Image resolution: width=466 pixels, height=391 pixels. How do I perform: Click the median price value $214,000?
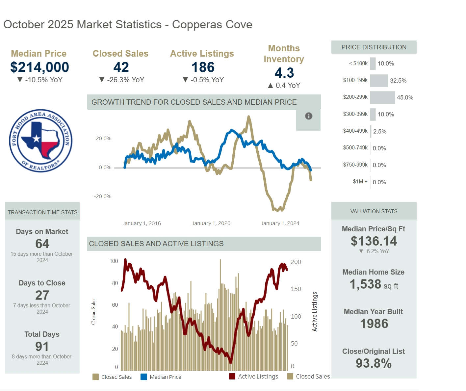(39, 67)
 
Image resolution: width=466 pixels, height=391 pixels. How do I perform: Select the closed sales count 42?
(121, 67)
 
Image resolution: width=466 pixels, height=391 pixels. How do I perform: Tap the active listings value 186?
(203, 67)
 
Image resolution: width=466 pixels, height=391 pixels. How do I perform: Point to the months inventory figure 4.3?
(284, 73)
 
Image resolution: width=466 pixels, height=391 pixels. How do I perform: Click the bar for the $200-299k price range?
(382, 97)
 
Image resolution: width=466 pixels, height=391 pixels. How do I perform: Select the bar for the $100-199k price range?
(379, 81)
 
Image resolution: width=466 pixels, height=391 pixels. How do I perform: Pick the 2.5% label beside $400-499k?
(380, 131)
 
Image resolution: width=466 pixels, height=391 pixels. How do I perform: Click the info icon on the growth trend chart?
(309, 116)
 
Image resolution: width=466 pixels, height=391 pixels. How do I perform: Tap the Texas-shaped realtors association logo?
(40, 141)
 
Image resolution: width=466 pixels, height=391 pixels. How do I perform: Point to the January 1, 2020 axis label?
(211, 223)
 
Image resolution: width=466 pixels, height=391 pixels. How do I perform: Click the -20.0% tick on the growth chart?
(103, 196)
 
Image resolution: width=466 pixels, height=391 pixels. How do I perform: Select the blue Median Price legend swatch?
(144, 377)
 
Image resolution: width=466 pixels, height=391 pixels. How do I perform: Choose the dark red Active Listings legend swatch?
(232, 377)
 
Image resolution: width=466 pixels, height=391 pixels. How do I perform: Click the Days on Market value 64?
(42, 244)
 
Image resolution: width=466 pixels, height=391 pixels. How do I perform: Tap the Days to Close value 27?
(42, 295)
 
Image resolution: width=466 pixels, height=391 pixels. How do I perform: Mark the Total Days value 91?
(42, 346)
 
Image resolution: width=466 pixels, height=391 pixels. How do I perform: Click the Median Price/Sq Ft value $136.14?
(374, 241)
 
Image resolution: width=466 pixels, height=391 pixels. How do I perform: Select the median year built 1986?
(374, 324)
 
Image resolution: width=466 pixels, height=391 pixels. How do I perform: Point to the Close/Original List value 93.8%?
(374, 363)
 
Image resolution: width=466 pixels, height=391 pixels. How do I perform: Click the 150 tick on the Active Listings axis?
(296, 289)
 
